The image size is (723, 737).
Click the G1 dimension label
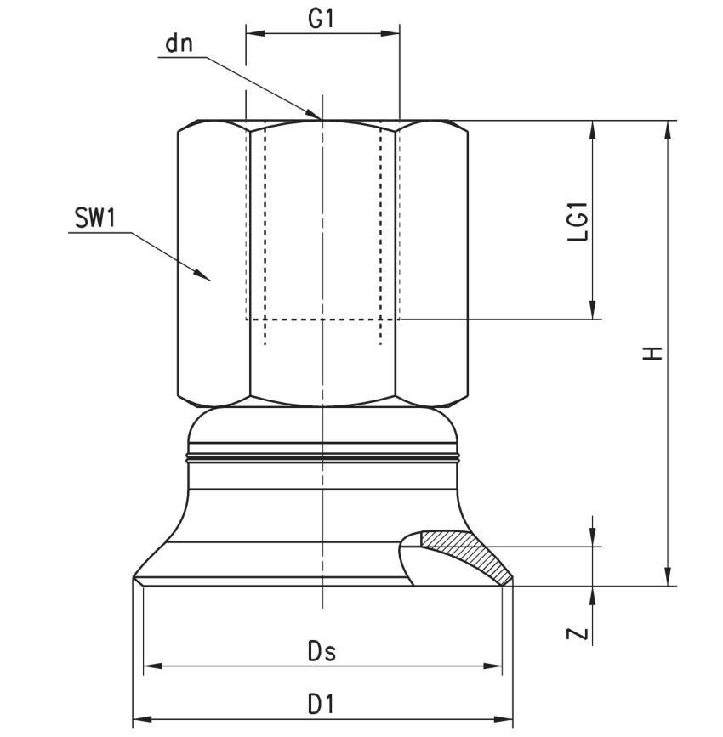(321, 19)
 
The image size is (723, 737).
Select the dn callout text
(179, 43)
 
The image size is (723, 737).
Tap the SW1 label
(95, 218)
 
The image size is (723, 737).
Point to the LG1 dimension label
(578, 221)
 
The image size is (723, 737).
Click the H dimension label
(653, 354)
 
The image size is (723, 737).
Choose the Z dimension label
(578, 634)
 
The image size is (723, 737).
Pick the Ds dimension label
(322, 652)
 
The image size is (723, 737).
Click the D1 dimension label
(321, 705)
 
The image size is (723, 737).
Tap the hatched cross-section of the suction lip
(465, 553)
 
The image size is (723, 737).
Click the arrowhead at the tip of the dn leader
(313, 114)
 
